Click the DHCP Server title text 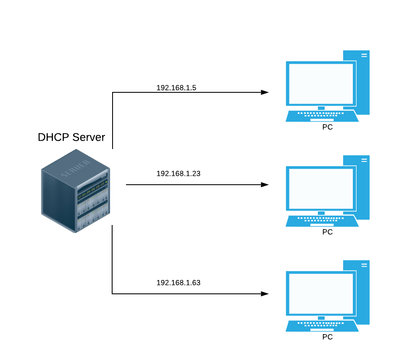pyautogui.click(x=71, y=138)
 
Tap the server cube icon pyautogui.click(x=76, y=191)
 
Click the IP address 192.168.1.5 pyautogui.click(x=176, y=88)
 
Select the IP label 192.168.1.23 pyautogui.click(x=178, y=173)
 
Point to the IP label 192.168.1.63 pyautogui.click(x=178, y=283)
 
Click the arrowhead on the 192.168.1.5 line pyautogui.click(x=265, y=92)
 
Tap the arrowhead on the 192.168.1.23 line pyautogui.click(x=265, y=185)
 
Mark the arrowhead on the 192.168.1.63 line pyautogui.click(x=265, y=294)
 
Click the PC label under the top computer pyautogui.click(x=327, y=127)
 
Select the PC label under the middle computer pyautogui.click(x=327, y=232)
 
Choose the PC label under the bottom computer pyautogui.click(x=327, y=337)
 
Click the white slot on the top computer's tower pyautogui.click(x=364, y=55)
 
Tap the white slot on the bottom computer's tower pyautogui.click(x=364, y=265)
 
